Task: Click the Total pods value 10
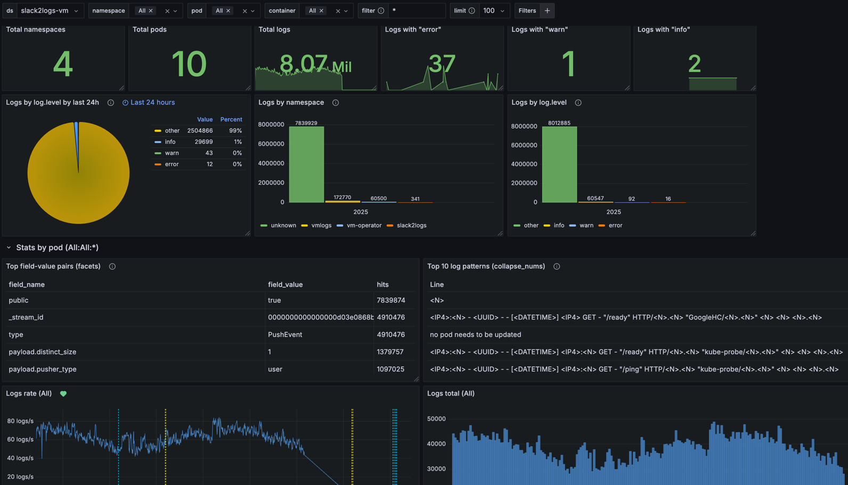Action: [189, 64]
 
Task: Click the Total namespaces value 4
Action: [63, 64]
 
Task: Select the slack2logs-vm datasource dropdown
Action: [50, 11]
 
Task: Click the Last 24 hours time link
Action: [152, 102]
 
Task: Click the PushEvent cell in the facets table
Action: [285, 334]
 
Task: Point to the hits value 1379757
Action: [390, 352]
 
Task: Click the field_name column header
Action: [27, 284]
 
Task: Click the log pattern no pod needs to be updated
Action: [475, 334]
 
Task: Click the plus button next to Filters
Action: [547, 11]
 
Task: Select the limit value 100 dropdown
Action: [493, 11]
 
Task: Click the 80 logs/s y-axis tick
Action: [20, 421]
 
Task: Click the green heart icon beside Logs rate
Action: [63, 393]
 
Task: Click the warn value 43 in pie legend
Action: [209, 153]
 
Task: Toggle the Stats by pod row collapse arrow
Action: [9, 248]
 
